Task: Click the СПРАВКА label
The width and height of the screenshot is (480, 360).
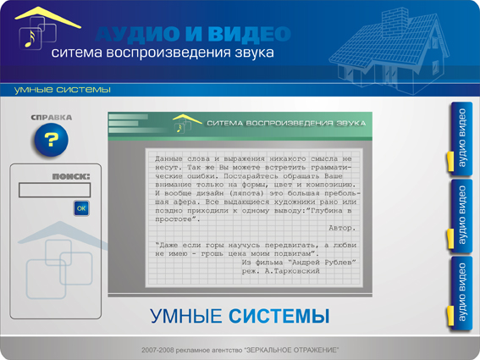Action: coord(51,118)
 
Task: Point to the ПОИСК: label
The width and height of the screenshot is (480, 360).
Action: coord(70,176)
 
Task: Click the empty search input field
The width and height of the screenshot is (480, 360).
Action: coord(54,191)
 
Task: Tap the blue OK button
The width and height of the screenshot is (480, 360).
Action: coord(81,208)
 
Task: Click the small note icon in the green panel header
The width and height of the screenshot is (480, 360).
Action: coord(179,127)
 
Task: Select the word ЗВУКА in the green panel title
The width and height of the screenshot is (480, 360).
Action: coord(350,124)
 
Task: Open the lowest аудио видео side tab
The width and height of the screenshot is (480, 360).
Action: coord(461,293)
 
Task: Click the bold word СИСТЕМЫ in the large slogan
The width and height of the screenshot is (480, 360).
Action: coord(279,318)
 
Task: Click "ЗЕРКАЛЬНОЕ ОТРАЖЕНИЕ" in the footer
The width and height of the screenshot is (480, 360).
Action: coord(291,350)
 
